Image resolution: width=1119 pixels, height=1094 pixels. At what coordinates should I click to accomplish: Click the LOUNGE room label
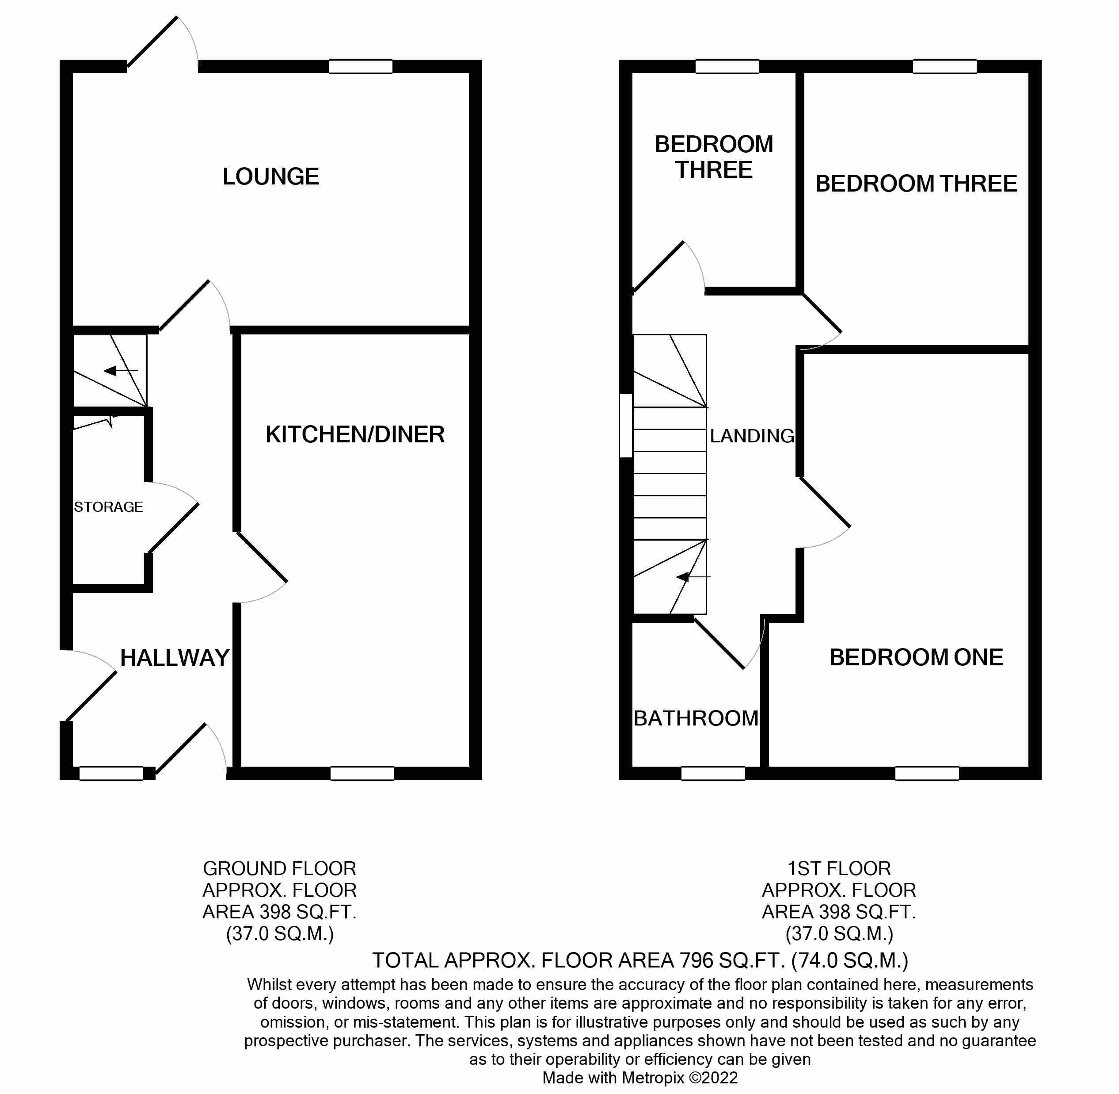270,177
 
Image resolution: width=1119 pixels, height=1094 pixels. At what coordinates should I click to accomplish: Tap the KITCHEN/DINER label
355,434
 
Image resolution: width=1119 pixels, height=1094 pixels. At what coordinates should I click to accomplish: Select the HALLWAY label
175,658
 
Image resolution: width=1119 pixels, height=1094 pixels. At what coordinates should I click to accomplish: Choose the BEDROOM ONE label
916,657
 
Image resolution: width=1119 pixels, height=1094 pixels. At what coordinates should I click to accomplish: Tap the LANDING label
752,436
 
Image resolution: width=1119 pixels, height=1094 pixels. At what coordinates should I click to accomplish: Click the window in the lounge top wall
360,67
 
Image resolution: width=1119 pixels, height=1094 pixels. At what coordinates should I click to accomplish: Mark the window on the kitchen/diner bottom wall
362,773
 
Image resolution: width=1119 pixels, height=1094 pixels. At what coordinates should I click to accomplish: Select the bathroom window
713,773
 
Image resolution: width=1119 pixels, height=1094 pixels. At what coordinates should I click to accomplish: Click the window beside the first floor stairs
626,425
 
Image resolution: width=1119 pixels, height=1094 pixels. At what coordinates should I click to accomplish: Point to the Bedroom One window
927,773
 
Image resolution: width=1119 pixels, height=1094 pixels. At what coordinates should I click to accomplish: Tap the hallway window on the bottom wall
111,773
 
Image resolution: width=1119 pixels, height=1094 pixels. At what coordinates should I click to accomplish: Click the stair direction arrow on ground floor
119,371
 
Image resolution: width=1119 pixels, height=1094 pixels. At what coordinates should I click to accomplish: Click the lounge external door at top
154,42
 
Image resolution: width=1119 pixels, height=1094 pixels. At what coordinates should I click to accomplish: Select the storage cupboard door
173,529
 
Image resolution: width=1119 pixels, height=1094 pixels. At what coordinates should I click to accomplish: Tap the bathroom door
719,644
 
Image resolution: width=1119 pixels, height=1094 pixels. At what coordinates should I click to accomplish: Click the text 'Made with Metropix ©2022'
639,1078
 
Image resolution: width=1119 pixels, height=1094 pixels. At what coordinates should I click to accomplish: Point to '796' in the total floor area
697,960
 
